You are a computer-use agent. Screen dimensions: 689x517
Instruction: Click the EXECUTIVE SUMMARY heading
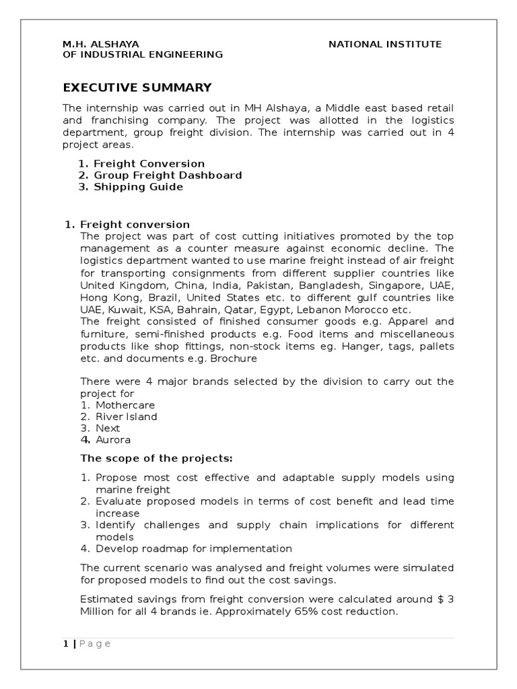coord(137,87)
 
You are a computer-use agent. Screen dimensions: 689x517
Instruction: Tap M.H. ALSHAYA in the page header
coord(101,44)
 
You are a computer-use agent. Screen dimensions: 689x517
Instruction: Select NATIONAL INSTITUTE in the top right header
coord(384,44)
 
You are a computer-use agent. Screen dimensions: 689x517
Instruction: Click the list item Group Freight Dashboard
coord(168,175)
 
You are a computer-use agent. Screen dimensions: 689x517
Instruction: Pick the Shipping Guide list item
coord(138,186)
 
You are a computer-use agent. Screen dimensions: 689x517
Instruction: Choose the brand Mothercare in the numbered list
coord(125,405)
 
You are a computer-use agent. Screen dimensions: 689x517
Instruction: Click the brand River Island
coord(127,416)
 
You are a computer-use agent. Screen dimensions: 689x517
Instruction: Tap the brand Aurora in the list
coord(112,440)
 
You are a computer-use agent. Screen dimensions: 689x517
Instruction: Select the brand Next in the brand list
coord(108,428)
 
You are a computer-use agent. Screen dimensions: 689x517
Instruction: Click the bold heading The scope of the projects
coord(156,458)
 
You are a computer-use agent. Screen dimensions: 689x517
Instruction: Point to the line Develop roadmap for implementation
coord(194,548)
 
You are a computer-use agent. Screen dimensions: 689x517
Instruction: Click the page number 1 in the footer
coord(65,644)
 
